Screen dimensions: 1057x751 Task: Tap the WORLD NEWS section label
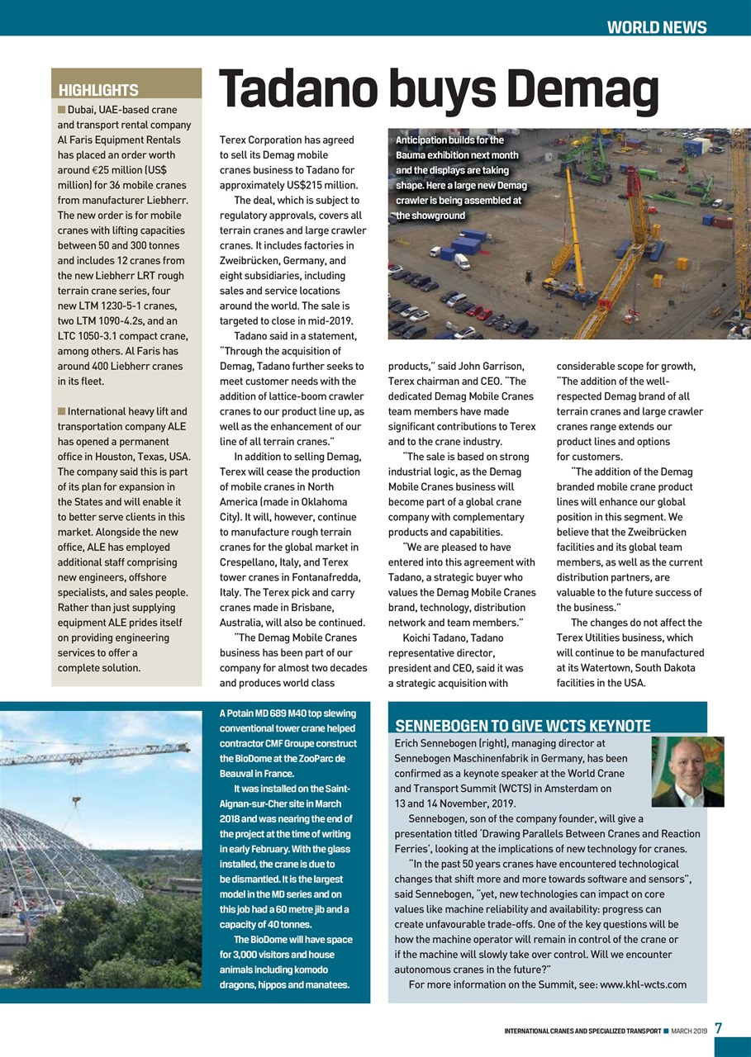(656, 27)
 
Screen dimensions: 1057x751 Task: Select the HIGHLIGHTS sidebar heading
(98, 90)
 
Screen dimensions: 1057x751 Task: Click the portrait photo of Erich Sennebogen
(687, 771)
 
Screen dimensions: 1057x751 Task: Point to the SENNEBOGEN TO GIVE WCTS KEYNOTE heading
(523, 726)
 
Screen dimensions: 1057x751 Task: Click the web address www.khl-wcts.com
(643, 984)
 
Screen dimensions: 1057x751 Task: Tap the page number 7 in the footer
(719, 1028)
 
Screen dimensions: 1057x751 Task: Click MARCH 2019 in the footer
(689, 1030)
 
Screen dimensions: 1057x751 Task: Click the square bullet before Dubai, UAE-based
(61, 110)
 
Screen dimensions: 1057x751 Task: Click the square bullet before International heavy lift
(61, 411)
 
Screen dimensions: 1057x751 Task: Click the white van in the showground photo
(461, 261)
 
